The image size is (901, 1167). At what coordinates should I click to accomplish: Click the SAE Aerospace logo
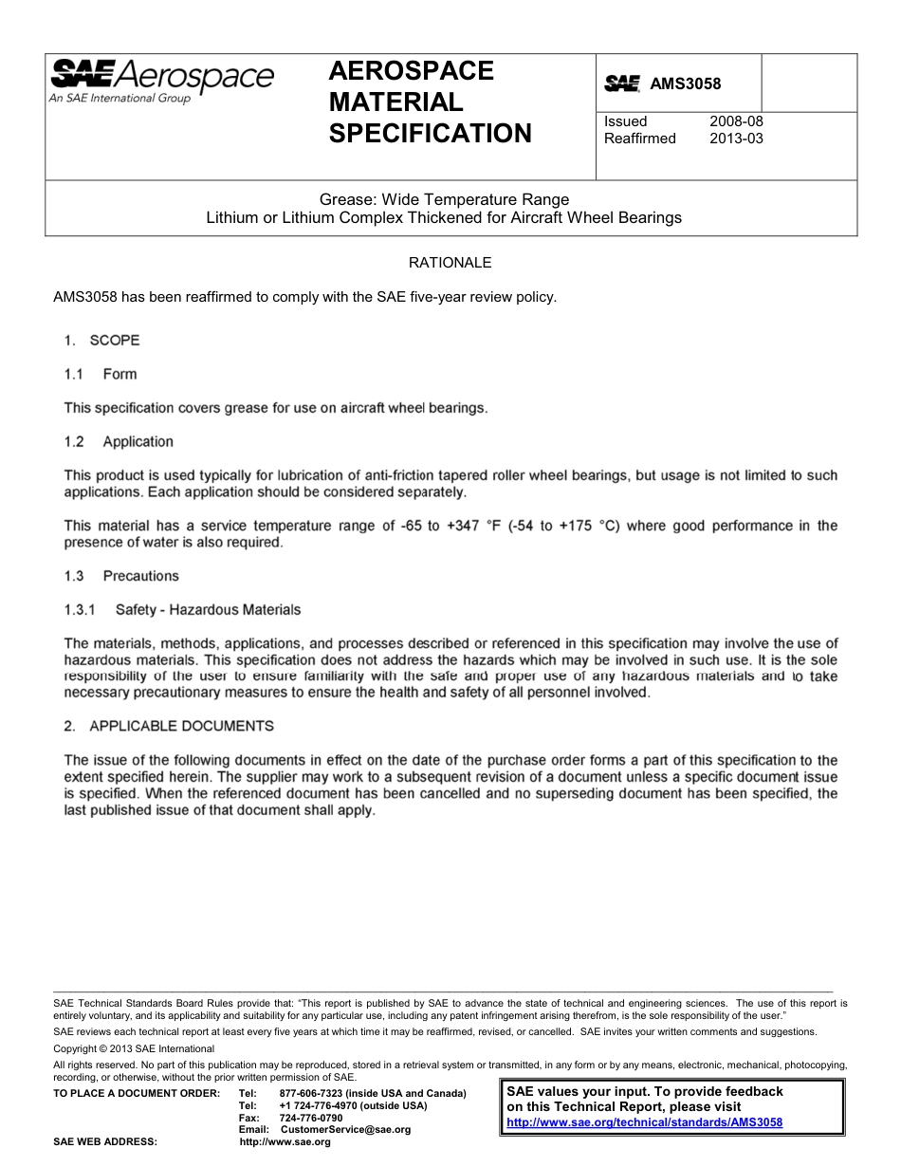[x=161, y=79]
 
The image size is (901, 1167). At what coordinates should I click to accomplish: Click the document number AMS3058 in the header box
[x=685, y=84]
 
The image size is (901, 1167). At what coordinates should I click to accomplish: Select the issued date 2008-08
[x=736, y=121]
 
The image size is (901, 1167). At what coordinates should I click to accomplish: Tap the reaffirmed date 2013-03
[x=736, y=139]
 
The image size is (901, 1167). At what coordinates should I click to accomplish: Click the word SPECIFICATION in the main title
[x=430, y=134]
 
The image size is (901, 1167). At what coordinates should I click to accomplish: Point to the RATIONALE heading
[x=450, y=263]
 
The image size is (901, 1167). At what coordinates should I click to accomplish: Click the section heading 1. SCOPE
[x=101, y=340]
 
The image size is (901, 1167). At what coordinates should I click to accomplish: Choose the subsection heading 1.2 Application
[x=119, y=441]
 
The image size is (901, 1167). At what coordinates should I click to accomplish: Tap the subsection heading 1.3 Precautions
[x=121, y=576]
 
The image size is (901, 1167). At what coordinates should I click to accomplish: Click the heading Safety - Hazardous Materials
[x=208, y=609]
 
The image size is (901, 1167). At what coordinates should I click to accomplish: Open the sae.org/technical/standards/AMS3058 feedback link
[x=644, y=1121]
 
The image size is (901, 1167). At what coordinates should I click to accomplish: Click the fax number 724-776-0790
[x=311, y=1118]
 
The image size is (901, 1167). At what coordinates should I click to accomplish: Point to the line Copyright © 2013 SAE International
[x=134, y=1048]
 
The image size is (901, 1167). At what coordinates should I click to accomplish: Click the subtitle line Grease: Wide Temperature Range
[x=444, y=199]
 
